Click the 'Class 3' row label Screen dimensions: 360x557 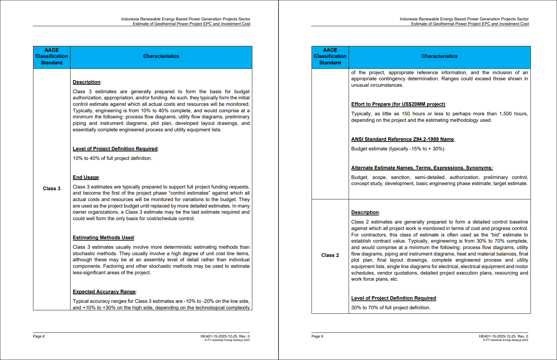(x=51, y=189)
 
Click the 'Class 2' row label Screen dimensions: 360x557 (x=330, y=255)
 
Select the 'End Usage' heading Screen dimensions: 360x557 (x=86, y=177)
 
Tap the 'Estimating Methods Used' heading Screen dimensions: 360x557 (x=103, y=238)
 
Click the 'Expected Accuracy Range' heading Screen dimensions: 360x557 (x=104, y=292)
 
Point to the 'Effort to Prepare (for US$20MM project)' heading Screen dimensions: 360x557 (x=398, y=104)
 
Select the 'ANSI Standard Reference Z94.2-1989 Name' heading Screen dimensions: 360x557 (x=402, y=139)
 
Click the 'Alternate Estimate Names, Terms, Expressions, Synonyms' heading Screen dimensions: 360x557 (x=422, y=168)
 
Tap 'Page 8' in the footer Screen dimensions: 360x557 (x=39, y=336)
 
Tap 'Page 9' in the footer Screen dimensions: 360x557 (x=317, y=336)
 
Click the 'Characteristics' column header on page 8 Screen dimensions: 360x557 (x=161, y=56)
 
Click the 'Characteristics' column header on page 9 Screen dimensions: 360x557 (x=440, y=56)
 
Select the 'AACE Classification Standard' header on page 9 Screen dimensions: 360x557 (x=330, y=56)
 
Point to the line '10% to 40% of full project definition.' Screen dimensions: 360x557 (x=112, y=158)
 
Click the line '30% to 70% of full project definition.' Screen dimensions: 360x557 (x=391, y=308)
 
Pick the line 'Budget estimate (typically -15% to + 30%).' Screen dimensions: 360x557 (x=398, y=149)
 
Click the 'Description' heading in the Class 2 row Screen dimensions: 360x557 (x=365, y=212)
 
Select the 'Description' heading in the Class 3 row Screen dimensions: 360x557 (x=86, y=82)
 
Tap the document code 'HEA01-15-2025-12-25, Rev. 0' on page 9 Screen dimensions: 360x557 (x=504, y=336)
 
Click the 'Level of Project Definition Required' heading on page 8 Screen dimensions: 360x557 (x=115, y=149)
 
